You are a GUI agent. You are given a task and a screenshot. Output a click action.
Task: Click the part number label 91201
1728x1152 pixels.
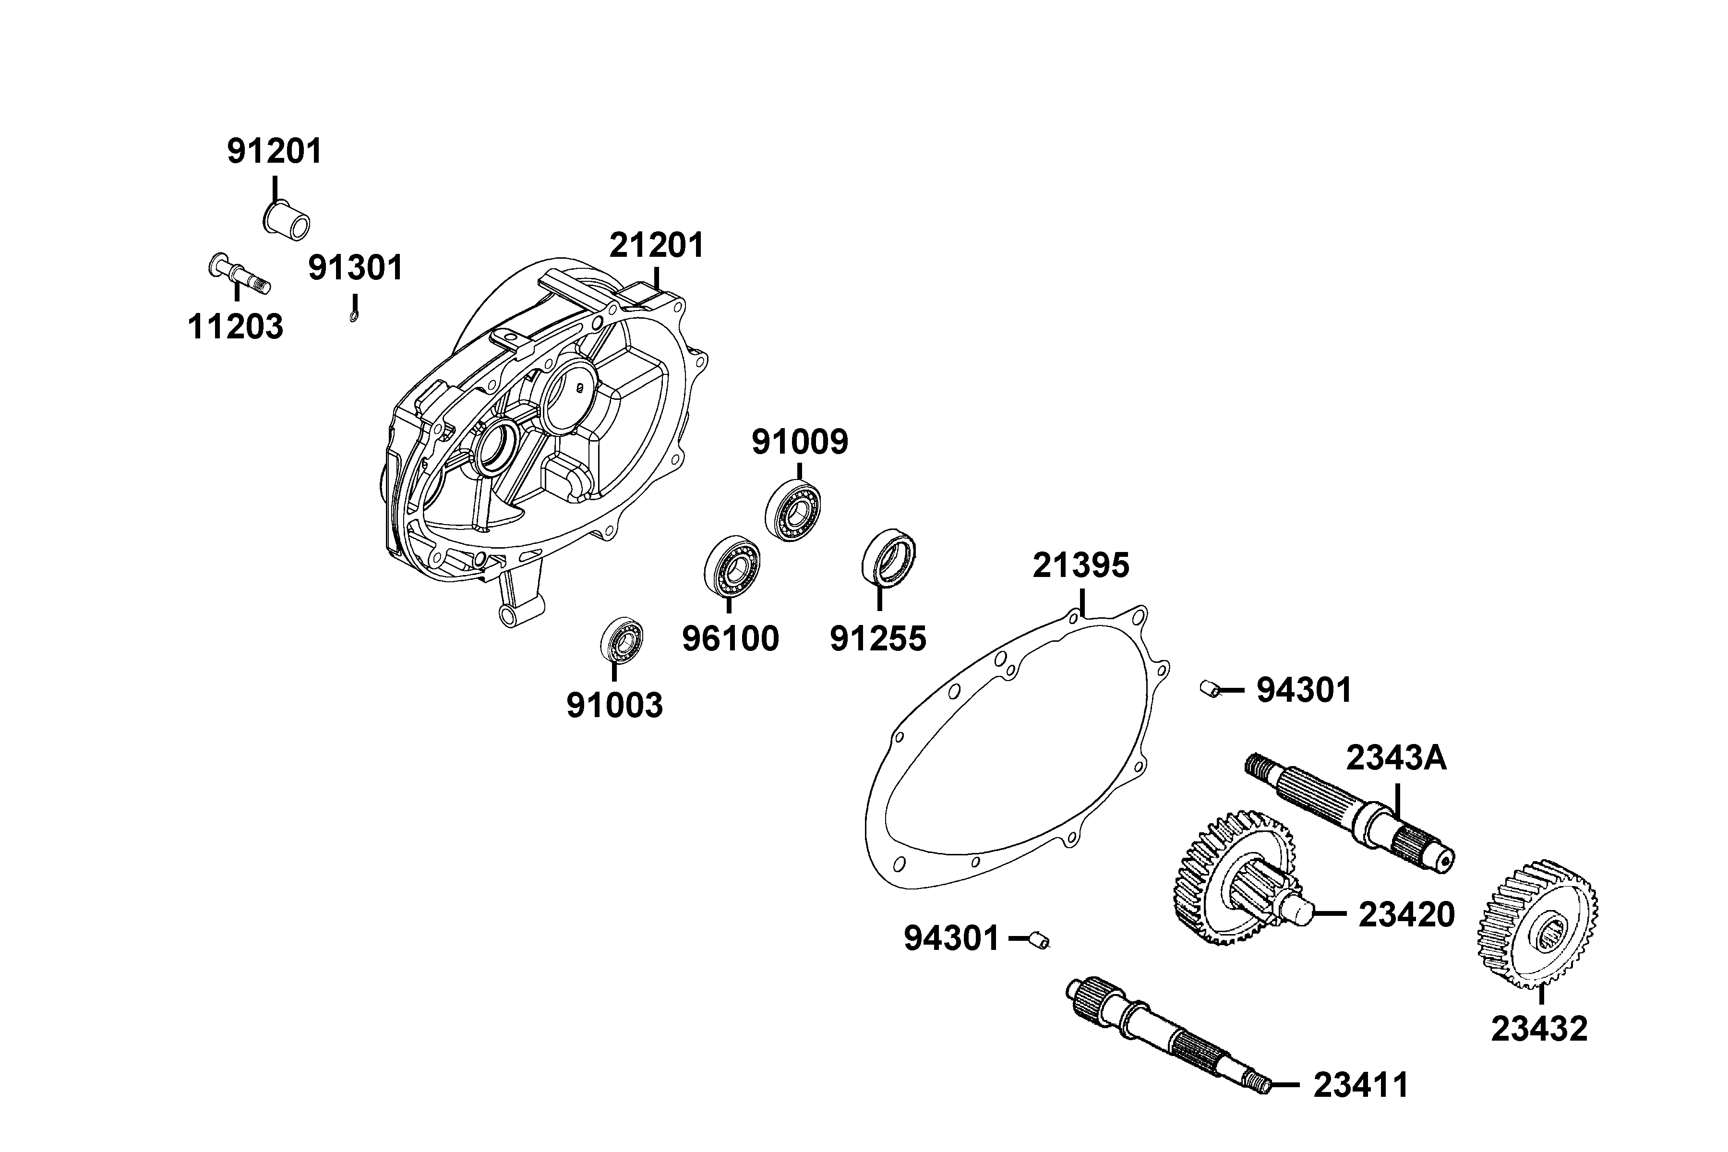tap(275, 151)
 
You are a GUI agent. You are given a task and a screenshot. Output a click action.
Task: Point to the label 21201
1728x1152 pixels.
tap(657, 245)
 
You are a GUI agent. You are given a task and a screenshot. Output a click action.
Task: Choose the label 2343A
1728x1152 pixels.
tap(1396, 758)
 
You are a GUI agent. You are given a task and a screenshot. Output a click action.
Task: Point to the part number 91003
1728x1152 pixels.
tap(614, 705)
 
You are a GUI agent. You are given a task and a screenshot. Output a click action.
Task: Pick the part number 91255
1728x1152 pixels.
tap(878, 638)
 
